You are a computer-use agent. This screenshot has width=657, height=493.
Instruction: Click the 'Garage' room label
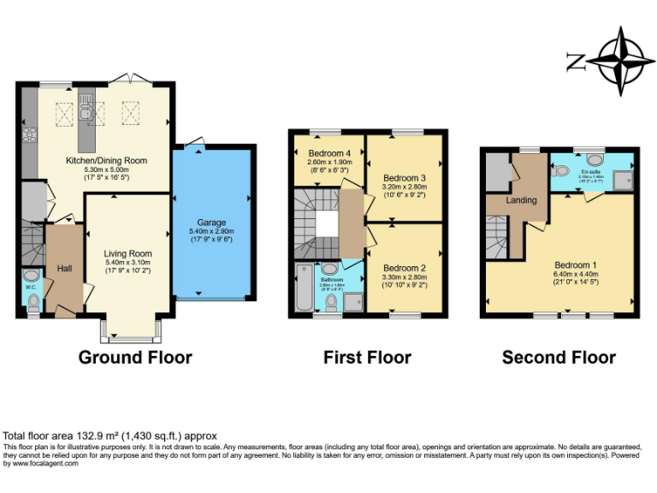[211, 222]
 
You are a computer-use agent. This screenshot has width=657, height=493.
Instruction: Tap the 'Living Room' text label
[127, 253]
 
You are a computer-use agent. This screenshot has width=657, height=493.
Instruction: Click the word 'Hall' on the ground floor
[63, 269]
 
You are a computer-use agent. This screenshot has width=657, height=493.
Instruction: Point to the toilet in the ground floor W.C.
[33, 300]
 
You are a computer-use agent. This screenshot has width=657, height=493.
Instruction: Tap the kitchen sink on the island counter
[86, 110]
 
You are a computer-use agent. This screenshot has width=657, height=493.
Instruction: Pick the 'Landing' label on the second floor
[521, 200]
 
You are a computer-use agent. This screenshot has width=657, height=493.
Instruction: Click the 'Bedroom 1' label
[575, 264]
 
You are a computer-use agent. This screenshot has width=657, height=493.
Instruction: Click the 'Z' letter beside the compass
[575, 61]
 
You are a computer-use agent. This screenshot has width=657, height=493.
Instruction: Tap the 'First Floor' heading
[367, 357]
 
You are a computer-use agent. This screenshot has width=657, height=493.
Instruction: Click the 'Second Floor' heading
[559, 357]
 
